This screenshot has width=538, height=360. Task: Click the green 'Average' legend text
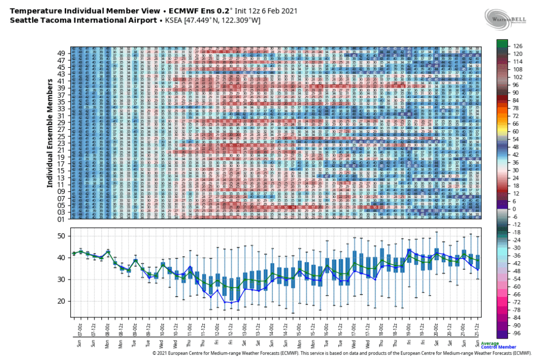[x=490, y=343]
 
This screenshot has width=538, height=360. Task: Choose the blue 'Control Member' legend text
[x=499, y=347]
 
